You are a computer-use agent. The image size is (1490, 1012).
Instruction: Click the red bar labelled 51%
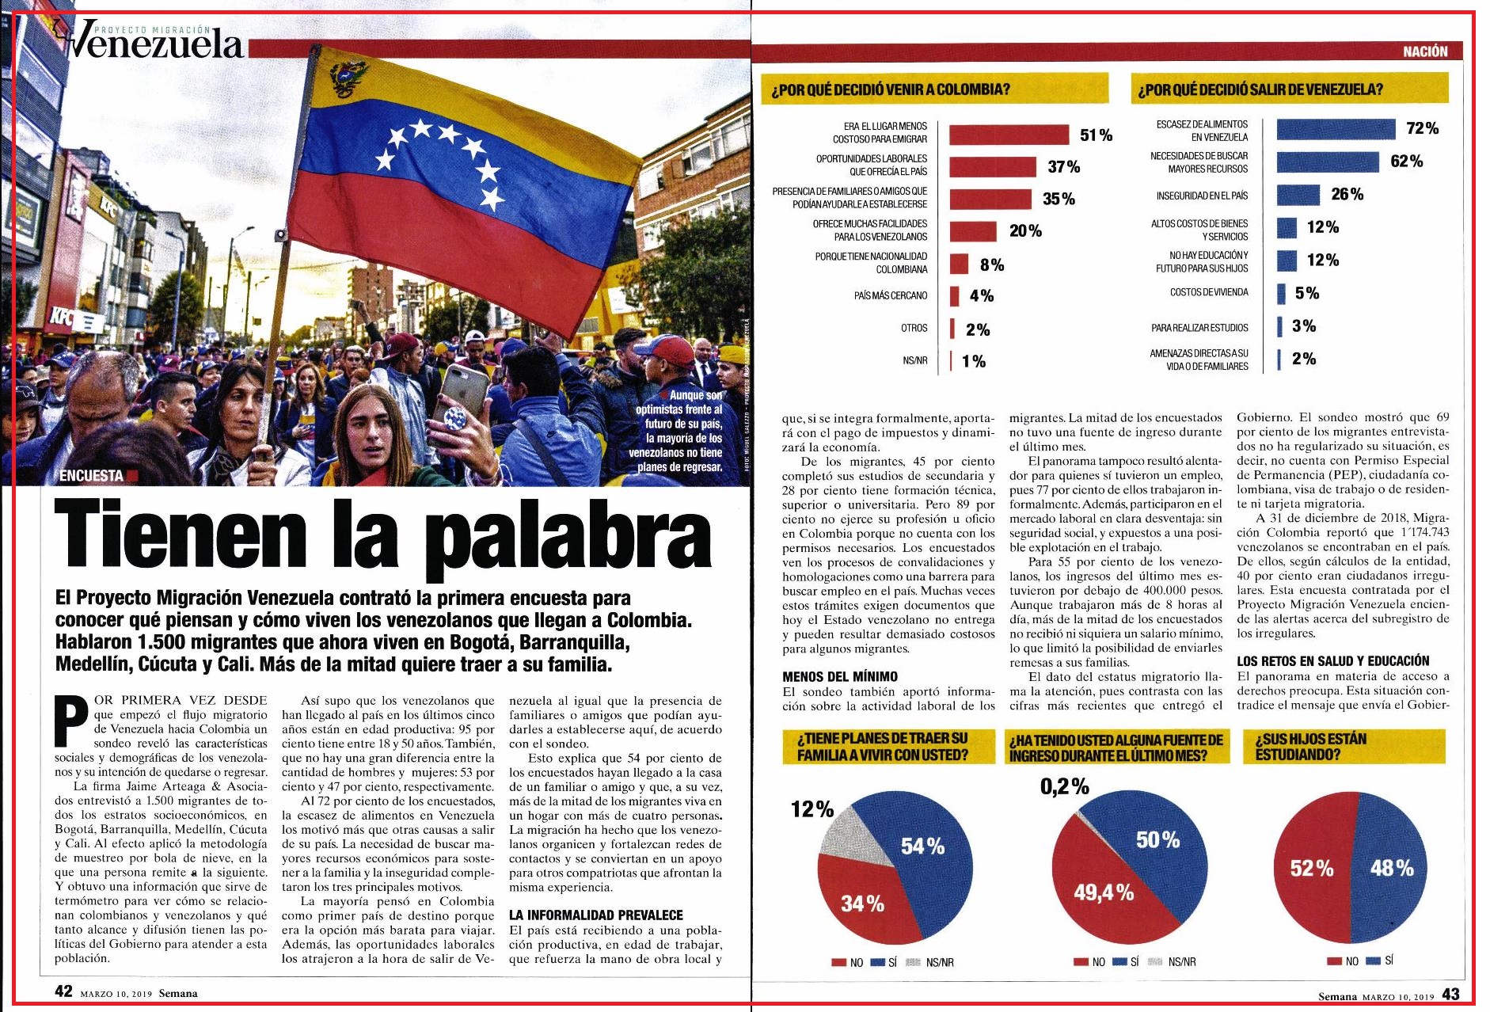coord(1009,135)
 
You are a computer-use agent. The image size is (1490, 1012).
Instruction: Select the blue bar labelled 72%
coord(1336,129)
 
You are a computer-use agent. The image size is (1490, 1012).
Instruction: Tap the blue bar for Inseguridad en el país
coord(1298,195)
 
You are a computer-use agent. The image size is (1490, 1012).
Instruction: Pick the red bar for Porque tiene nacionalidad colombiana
coord(959,264)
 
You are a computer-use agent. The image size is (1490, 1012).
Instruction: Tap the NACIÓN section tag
coord(1425,51)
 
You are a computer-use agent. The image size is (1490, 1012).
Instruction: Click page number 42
coord(63,991)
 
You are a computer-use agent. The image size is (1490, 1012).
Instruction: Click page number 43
coord(1450,995)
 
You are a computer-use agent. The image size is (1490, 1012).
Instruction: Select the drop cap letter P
coord(70,721)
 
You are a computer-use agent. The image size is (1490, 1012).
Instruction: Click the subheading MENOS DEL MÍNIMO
coord(840,676)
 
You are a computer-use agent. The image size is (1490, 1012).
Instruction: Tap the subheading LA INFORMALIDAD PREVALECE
coord(595,915)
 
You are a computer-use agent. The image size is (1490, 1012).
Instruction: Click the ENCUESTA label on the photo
coord(91,476)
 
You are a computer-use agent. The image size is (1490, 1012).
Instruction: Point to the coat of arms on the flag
coord(348,78)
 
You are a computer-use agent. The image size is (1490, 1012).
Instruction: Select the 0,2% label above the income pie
coord(1064,787)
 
